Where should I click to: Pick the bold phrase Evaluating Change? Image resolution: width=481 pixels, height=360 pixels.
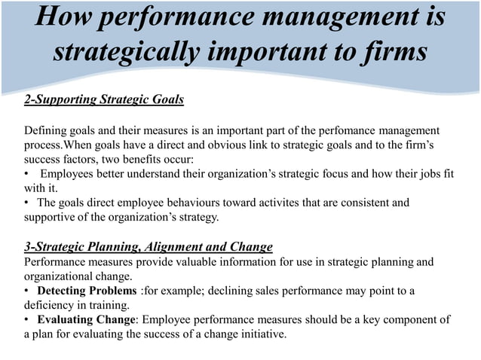click(x=84, y=320)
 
